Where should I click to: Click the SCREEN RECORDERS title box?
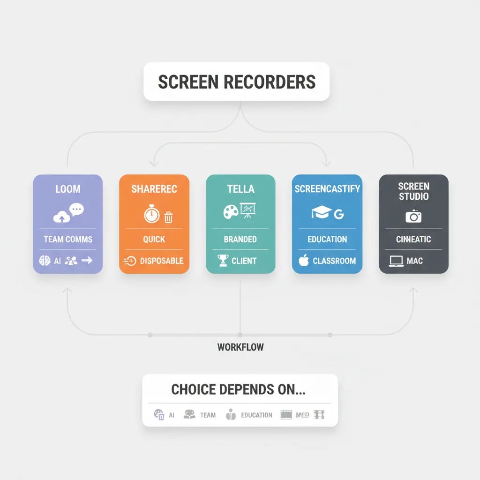pyautogui.click(x=237, y=82)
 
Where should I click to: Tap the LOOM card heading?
pyautogui.click(x=68, y=189)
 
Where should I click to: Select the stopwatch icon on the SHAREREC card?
pyautogui.click(x=151, y=214)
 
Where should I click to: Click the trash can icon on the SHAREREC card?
pyautogui.click(x=168, y=217)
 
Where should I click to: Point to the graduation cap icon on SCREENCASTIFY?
pyautogui.click(x=321, y=213)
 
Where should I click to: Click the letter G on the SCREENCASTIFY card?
pyautogui.click(x=338, y=215)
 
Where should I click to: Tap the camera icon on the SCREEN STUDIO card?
pyautogui.click(x=413, y=216)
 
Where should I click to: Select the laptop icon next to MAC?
pyautogui.click(x=396, y=261)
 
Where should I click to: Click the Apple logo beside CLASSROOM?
pyautogui.click(x=304, y=261)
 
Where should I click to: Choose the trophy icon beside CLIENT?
pyautogui.click(x=223, y=261)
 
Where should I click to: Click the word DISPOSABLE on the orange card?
pyautogui.click(x=162, y=261)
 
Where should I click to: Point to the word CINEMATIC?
pyautogui.click(x=413, y=239)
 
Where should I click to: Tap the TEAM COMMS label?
pyautogui.click(x=68, y=239)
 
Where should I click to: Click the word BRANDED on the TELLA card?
pyautogui.click(x=240, y=239)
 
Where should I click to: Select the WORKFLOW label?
pyautogui.click(x=240, y=347)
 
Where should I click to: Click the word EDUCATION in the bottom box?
pyautogui.click(x=256, y=415)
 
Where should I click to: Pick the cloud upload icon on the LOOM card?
pyautogui.click(x=61, y=217)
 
